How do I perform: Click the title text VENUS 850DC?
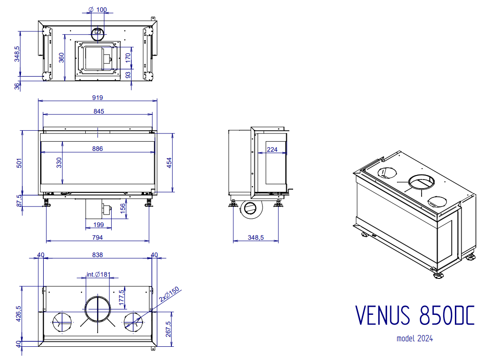(x=414, y=315)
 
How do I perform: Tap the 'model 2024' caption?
(x=414, y=339)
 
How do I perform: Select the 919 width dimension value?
(x=98, y=97)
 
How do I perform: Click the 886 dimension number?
(x=97, y=149)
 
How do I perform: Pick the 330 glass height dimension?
(x=59, y=163)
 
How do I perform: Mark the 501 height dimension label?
(x=19, y=163)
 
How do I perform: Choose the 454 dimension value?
(x=170, y=163)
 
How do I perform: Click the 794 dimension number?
(x=98, y=237)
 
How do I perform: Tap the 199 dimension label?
(x=98, y=225)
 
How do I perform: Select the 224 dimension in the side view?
(x=272, y=149)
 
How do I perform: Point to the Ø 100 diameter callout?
(x=96, y=10)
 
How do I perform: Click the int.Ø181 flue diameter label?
(x=98, y=274)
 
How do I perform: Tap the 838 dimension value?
(x=98, y=255)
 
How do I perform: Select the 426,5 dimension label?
(x=19, y=314)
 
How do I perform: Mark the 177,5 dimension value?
(x=121, y=298)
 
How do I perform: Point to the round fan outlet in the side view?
(x=250, y=209)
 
